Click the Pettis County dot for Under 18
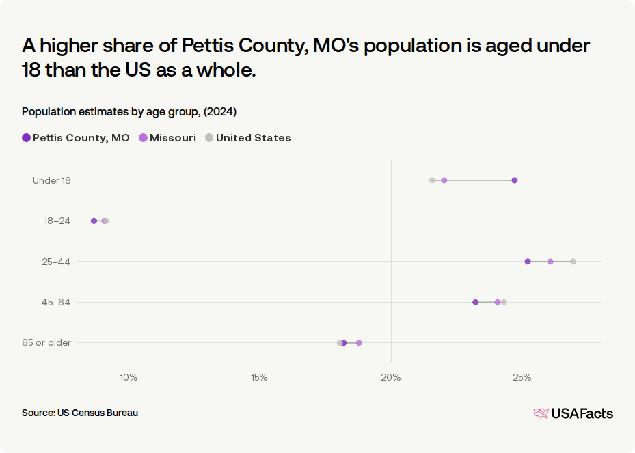(514, 180)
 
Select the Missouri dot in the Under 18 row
(444, 180)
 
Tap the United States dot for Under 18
(432, 180)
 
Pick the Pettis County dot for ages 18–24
(94, 221)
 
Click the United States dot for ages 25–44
(573, 262)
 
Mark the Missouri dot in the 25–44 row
(550, 262)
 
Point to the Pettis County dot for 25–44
(528, 262)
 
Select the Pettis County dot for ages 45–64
(476, 302)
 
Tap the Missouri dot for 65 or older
(359, 343)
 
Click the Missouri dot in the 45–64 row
(498, 302)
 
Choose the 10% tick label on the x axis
(129, 378)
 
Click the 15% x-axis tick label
(259, 378)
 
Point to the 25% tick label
(522, 378)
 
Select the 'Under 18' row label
(52, 180)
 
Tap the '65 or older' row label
(46, 342)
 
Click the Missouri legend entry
(167, 137)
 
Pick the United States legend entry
(248, 137)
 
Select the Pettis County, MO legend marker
(27, 137)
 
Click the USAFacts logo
(573, 413)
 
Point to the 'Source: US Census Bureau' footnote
(80, 413)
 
